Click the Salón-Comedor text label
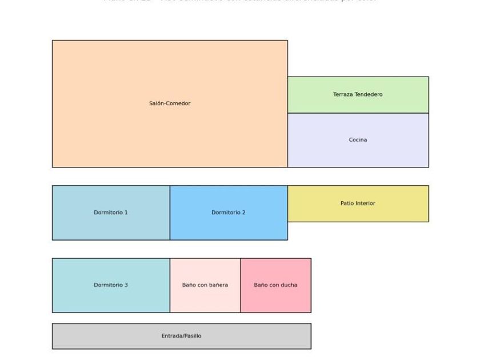170,103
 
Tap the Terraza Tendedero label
358,94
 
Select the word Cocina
358,139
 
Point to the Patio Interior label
358,203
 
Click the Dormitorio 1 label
111,213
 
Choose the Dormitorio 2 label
229,213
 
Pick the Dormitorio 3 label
111,285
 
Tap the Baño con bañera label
205,285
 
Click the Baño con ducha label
275,285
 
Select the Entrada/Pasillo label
181,336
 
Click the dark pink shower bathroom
275,300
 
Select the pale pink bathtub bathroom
205,300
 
